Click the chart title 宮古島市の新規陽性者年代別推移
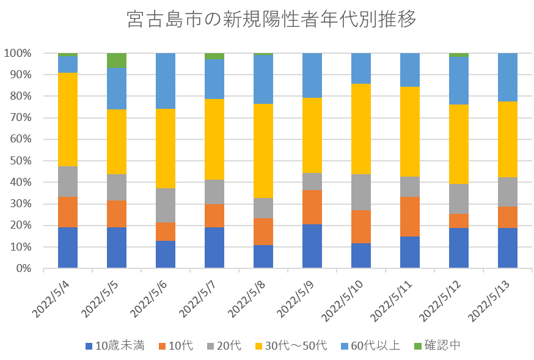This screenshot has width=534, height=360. (272, 20)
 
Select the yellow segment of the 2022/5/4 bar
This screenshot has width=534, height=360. (68, 119)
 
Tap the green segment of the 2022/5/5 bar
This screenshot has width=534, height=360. (117, 61)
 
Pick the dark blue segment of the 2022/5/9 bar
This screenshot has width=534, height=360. (312, 246)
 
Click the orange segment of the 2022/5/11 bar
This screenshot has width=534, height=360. (410, 216)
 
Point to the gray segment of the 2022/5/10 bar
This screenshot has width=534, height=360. (361, 192)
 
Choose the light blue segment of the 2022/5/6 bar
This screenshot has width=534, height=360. (166, 81)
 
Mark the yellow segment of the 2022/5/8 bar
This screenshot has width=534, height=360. (263, 150)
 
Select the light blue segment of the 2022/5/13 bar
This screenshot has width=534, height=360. (508, 77)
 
